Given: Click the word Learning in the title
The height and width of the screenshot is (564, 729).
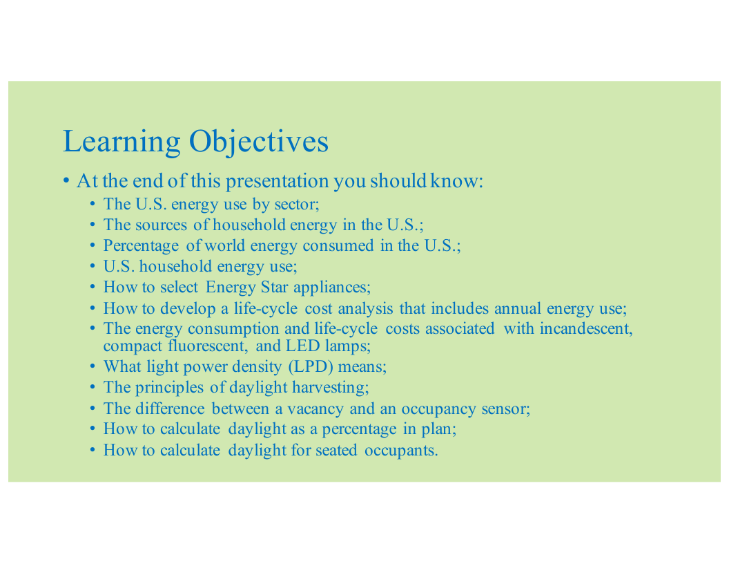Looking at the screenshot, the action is (121, 142).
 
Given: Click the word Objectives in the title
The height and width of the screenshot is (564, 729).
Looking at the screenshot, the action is (259, 142).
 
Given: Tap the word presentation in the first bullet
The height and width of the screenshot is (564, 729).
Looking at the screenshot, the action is (277, 182).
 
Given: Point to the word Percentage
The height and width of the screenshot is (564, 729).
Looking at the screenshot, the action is (141, 246).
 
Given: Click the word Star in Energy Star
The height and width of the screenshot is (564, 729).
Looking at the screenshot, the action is (274, 287).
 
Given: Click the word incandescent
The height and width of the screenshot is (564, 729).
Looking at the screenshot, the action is (586, 329).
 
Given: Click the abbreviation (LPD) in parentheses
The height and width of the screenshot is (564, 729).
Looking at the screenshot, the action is (311, 367).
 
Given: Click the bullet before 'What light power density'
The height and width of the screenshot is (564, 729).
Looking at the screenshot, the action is (93, 367).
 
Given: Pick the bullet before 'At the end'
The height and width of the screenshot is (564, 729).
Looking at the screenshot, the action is (66, 180).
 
